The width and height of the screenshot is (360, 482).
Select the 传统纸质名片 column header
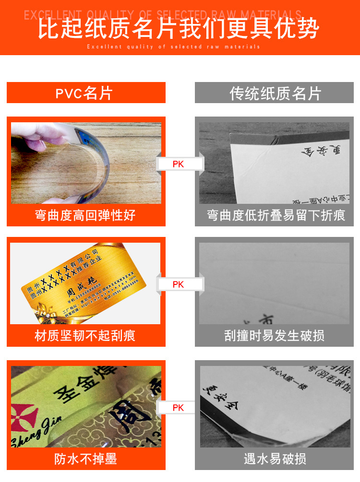click(x=275, y=93)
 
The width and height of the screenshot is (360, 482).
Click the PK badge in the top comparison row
click(x=178, y=165)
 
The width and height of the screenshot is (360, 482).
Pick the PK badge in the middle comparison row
click(x=178, y=284)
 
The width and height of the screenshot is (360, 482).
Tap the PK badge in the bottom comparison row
click(x=178, y=408)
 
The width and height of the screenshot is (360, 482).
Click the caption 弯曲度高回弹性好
click(x=85, y=215)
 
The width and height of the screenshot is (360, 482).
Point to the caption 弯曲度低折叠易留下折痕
click(x=276, y=215)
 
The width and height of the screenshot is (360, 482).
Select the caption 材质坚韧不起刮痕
click(x=85, y=336)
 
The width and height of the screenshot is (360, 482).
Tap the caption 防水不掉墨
click(x=85, y=459)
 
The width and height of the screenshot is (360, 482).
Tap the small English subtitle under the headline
click(x=173, y=47)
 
